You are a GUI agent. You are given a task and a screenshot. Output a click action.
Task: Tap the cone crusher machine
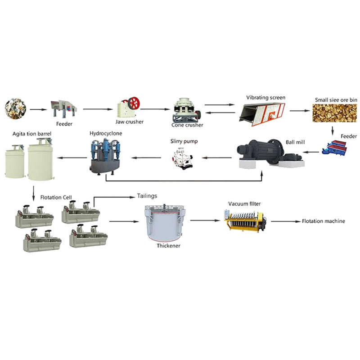[185, 110]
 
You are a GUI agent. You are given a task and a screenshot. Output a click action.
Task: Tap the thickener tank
[166, 223]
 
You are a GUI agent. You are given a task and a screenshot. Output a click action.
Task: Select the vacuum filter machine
[246, 221]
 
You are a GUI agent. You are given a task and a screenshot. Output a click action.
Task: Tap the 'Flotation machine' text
[323, 221]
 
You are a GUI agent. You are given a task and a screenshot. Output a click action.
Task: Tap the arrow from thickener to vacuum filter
[206, 220]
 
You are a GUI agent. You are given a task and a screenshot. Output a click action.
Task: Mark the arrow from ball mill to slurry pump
[216, 157]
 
